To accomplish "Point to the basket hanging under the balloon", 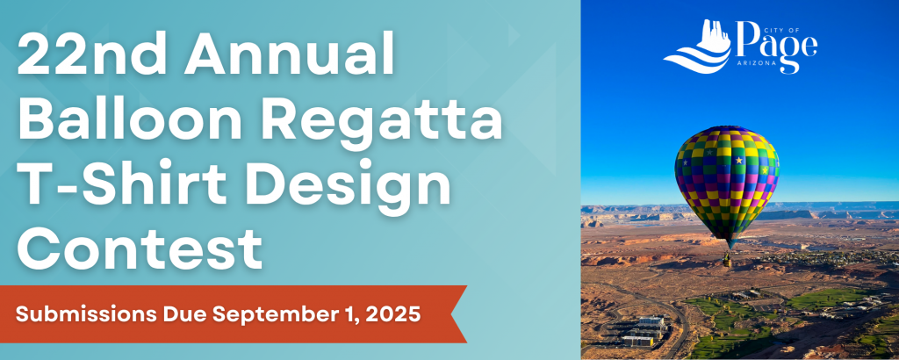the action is point(727,262).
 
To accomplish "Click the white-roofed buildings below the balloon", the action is point(645,331).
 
